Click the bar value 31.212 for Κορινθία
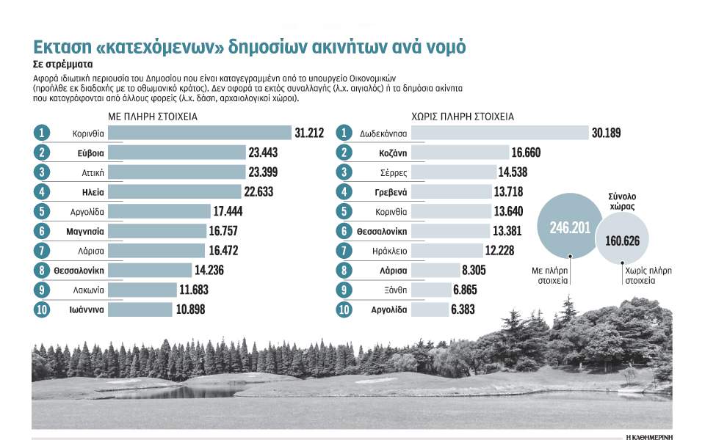(309, 133)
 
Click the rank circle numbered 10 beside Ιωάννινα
(42, 309)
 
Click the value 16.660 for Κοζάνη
(531, 153)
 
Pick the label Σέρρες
(393, 172)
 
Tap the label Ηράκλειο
(391, 251)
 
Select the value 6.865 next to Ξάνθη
(470, 290)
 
